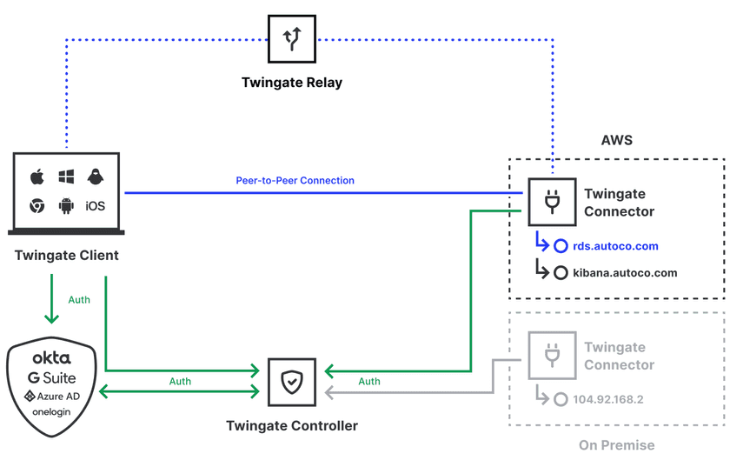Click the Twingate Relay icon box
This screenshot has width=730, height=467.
pyautogui.click(x=292, y=38)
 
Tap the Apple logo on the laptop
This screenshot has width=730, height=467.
pyautogui.click(x=37, y=177)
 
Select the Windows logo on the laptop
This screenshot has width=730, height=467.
pyautogui.click(x=66, y=177)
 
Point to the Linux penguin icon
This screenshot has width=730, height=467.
pyautogui.click(x=95, y=177)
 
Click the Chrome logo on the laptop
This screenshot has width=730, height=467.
pyautogui.click(x=37, y=206)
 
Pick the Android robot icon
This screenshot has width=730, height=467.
pyautogui.click(x=66, y=206)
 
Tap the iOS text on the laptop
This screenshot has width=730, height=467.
pyautogui.click(x=95, y=206)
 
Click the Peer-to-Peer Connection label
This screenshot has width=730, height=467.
pyautogui.click(x=295, y=181)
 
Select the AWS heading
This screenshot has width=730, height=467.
pyautogui.click(x=617, y=140)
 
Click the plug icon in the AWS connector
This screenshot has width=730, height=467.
pyautogui.click(x=551, y=203)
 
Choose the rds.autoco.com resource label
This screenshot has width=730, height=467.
pyautogui.click(x=615, y=247)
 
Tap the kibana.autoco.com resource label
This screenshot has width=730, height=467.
pyautogui.click(x=625, y=273)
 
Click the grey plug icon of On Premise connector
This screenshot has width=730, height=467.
pyautogui.click(x=551, y=356)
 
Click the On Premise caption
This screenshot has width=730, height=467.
pyautogui.click(x=617, y=445)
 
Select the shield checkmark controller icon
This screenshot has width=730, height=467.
pyautogui.click(x=292, y=382)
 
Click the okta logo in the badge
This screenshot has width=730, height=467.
pyautogui.click(x=51, y=358)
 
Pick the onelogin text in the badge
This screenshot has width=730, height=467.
pyautogui.click(x=51, y=412)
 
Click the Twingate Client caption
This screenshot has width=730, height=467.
pyautogui.click(x=67, y=256)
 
